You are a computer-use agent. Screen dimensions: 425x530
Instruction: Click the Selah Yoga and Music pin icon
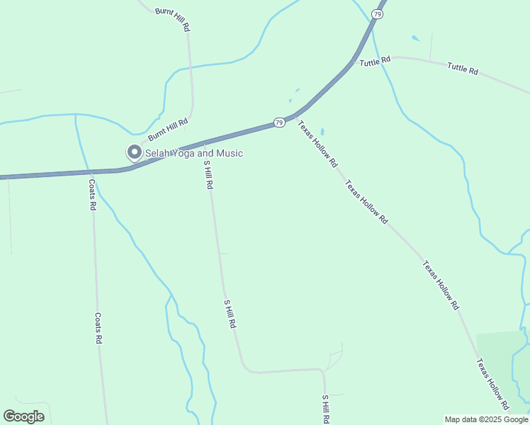(x=133, y=152)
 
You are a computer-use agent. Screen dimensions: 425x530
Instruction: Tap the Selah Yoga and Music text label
(x=194, y=153)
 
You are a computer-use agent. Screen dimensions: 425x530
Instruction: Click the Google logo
(x=23, y=416)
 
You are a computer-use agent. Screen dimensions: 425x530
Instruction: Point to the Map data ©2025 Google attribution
(x=486, y=419)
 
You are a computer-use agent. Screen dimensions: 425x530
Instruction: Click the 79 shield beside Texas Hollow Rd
(x=280, y=123)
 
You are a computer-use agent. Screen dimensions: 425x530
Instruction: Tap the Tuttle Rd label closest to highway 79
(x=375, y=62)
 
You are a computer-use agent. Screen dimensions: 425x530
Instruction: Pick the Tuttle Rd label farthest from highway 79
(x=462, y=69)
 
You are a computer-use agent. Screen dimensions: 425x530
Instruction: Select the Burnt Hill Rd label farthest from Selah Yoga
(x=174, y=19)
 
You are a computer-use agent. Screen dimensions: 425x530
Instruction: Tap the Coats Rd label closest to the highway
(x=92, y=194)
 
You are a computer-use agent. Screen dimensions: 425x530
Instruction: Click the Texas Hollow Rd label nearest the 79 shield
(x=317, y=144)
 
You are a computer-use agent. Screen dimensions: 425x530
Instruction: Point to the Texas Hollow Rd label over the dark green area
(x=492, y=385)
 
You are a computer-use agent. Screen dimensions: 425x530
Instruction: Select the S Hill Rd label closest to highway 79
(x=208, y=174)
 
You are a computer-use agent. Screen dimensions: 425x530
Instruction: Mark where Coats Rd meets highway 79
(x=91, y=171)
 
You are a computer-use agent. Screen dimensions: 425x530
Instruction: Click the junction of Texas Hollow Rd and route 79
(x=296, y=115)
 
